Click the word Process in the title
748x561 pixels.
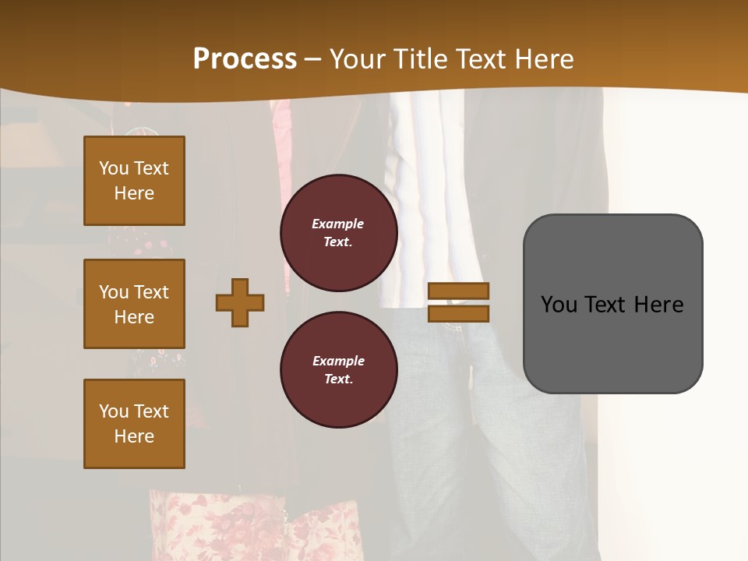pos(245,59)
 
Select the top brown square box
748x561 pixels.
pos(134,181)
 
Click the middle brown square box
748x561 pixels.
pos(134,304)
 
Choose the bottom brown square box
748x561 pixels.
pos(134,424)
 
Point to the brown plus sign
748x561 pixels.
pos(240,302)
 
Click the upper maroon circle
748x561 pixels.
pos(339,233)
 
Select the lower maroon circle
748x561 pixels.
pos(339,369)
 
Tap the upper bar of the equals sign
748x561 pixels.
pos(458,291)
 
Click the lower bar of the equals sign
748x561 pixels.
pos(458,313)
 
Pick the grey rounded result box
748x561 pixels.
pos(612,304)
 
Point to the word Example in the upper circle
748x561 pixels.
pos(337,224)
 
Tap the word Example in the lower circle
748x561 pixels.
pos(338,361)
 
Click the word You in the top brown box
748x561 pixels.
pos(114,168)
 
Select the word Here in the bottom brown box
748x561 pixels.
pos(134,436)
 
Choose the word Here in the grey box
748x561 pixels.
pos(658,305)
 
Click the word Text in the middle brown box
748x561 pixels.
pos(150,292)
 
